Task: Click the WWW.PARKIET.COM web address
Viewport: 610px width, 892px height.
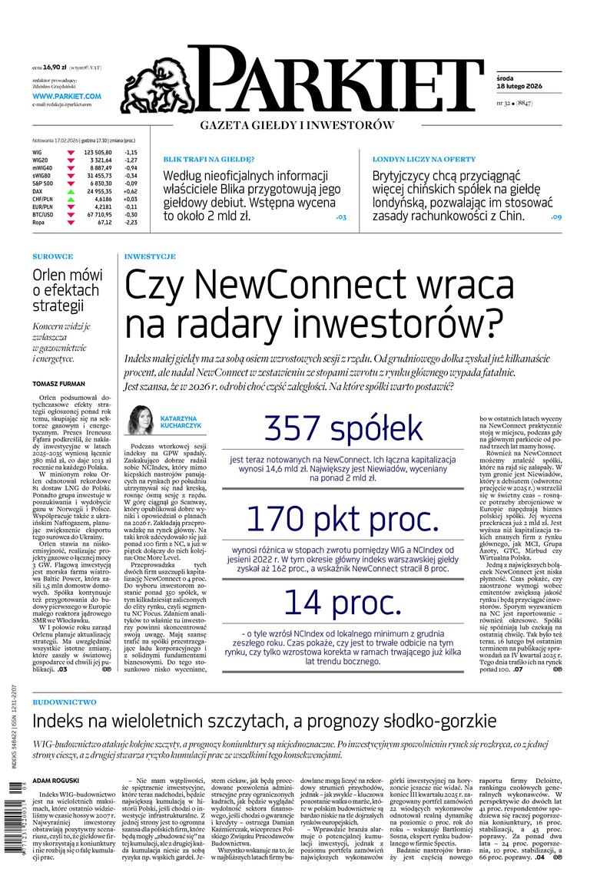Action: [x=67, y=96]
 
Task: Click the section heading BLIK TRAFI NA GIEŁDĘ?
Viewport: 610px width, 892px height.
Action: [x=203, y=159]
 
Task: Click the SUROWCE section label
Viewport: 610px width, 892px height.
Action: [x=53, y=256]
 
